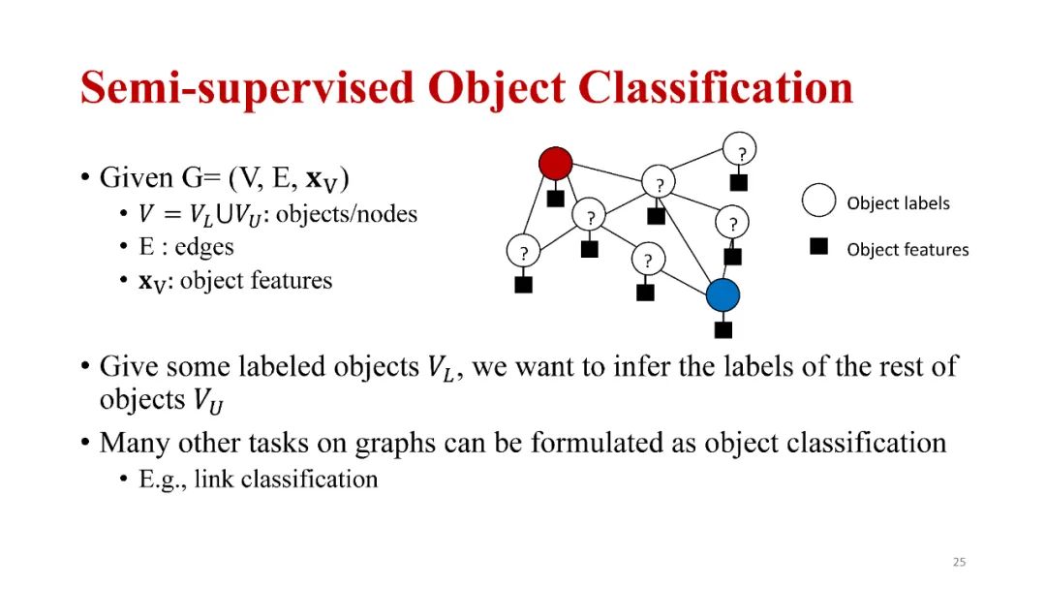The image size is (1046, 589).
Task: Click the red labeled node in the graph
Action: point(555,163)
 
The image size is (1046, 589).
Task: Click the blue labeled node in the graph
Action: point(723,294)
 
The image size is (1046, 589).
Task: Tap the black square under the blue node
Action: point(723,329)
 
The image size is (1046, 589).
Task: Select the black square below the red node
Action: point(555,199)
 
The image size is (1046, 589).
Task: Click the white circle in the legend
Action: point(818,201)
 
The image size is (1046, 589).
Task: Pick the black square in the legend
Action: point(818,248)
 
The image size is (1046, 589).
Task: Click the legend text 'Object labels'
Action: point(898,203)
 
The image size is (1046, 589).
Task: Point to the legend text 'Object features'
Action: point(908,250)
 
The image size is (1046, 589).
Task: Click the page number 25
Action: point(959,562)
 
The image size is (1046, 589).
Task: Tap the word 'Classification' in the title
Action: point(718,88)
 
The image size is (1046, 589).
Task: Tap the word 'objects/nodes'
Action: point(346,214)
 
